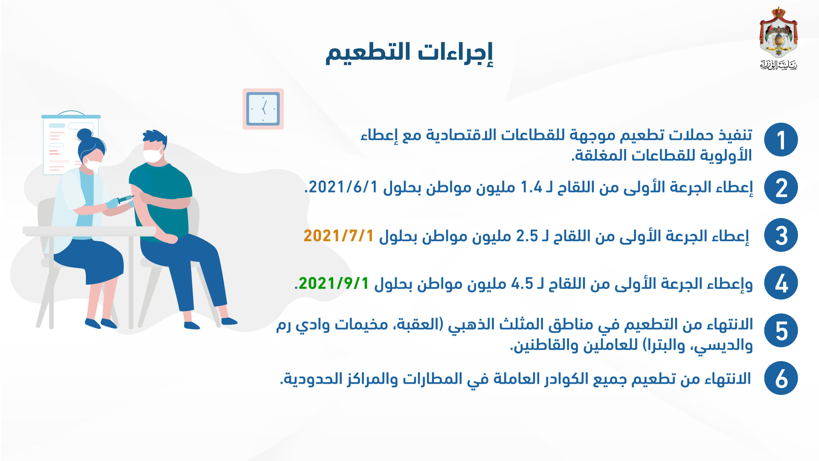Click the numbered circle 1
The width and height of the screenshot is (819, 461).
[781, 140]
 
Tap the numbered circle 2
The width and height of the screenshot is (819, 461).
[781, 187]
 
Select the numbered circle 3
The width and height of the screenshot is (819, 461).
[781, 235]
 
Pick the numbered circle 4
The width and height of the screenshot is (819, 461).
[781, 283]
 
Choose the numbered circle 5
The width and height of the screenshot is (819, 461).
[781, 331]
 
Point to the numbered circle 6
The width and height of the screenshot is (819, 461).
[781, 378]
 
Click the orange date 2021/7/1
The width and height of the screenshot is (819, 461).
[339, 236]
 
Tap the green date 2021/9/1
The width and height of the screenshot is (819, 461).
[334, 283]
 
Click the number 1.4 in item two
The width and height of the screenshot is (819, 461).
[531, 187]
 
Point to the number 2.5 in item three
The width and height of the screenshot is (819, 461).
[527, 236]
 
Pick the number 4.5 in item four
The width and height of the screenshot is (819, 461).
[522, 283]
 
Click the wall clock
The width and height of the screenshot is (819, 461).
[263, 109]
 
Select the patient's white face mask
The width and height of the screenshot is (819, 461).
[153, 155]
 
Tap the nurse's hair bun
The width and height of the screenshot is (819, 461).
[85, 135]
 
